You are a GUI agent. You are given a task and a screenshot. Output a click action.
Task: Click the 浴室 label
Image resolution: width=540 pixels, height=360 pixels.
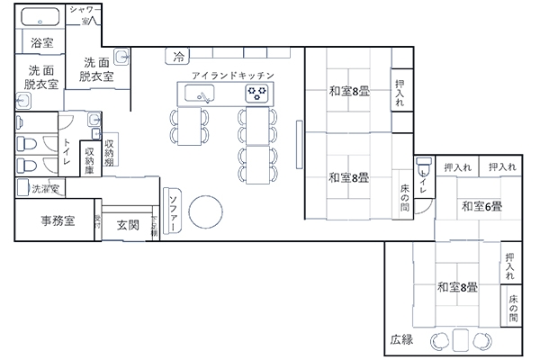point(40,42)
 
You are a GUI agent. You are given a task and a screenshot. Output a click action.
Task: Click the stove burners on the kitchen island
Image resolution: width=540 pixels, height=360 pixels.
point(256,93)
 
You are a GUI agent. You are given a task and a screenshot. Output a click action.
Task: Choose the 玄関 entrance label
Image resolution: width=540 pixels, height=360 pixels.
point(127,225)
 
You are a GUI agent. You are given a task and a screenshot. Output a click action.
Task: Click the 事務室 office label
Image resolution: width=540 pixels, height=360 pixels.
point(57,220)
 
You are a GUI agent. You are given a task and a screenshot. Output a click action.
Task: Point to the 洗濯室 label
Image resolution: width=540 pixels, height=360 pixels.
point(45,189)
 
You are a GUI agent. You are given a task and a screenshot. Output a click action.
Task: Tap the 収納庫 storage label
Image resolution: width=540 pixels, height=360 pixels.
point(89,162)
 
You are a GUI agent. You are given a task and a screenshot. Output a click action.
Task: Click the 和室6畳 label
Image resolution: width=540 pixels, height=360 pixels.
point(481,207)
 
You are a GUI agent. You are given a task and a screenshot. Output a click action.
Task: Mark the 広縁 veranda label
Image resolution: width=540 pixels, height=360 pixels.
point(401,340)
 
